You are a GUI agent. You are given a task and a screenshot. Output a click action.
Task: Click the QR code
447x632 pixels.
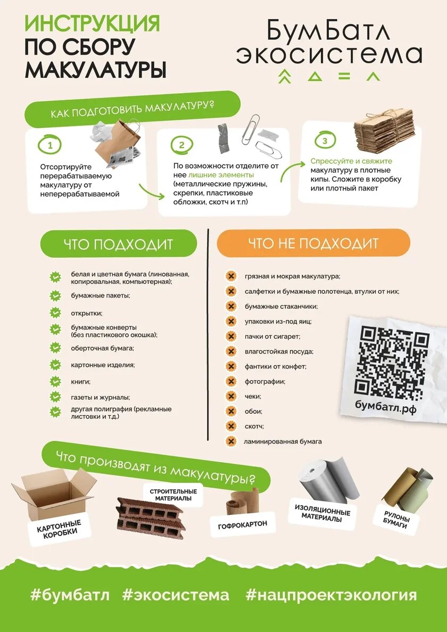coord(392,360)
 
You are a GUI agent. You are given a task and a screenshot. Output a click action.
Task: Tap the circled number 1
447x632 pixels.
coord(50,145)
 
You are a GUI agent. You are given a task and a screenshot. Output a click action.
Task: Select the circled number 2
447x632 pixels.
coord(181,145)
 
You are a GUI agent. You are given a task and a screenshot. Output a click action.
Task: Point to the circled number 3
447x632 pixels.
coord(325,141)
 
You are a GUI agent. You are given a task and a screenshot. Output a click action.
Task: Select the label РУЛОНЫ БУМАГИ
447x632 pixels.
coord(396,519)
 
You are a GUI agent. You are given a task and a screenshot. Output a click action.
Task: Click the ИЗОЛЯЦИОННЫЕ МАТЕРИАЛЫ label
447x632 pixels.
coord(322,513)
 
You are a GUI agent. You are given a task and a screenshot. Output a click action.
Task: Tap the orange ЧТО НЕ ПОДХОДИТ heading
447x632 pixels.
coord(313,243)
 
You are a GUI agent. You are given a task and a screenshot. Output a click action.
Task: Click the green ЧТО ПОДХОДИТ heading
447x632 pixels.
coord(118,244)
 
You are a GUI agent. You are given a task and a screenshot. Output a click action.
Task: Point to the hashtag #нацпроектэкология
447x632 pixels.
coord(331,595)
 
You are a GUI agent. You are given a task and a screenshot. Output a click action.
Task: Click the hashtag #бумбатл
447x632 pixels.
coord(70,595)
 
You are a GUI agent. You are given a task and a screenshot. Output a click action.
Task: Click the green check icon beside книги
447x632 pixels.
coord(55,381)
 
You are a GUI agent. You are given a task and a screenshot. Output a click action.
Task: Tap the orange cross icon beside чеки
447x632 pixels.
coord(231,396)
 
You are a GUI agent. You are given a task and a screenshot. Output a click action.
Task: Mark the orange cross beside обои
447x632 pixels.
coord(231,411)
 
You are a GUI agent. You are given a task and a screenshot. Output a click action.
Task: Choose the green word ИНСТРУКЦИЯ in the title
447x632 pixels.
coord(92,23)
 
